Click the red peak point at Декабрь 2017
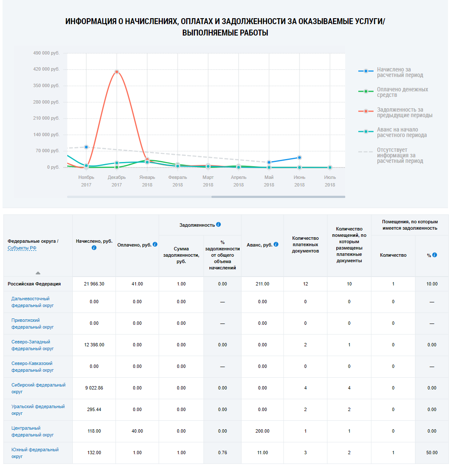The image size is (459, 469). pyautogui.click(x=116, y=72)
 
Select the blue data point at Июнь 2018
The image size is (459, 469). pyautogui.click(x=300, y=157)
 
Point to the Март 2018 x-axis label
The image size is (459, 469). pyautogui.click(x=208, y=181)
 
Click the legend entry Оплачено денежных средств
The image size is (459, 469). pyautogui.click(x=402, y=92)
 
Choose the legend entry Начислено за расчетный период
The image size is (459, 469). pyautogui.click(x=400, y=72)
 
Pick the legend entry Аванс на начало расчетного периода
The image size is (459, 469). pyautogui.click(x=401, y=132)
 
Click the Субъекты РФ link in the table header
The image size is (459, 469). pyautogui.click(x=22, y=248)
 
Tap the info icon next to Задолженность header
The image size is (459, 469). pyautogui.click(x=218, y=225)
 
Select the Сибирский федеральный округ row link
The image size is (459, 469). pyautogui.click(x=38, y=388)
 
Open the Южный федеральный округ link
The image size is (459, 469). pyautogui.click(x=35, y=453)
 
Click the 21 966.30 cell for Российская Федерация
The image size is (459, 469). pyautogui.click(x=94, y=284)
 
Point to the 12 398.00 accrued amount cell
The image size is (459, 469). pyautogui.click(x=94, y=345)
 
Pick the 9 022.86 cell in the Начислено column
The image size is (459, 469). pyautogui.click(x=94, y=388)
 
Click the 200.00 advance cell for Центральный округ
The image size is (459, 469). pyautogui.click(x=262, y=431)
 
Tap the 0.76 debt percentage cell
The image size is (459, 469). pyautogui.click(x=222, y=453)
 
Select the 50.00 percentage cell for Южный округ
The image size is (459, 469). pyautogui.click(x=432, y=453)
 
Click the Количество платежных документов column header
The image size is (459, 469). pyautogui.click(x=305, y=244)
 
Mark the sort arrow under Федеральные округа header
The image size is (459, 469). pyautogui.click(x=38, y=273)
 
